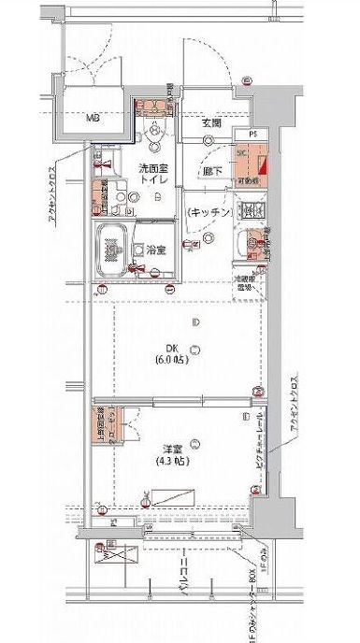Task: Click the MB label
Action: pyautogui.click(x=94, y=119)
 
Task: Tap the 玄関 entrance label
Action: pyautogui.click(x=210, y=122)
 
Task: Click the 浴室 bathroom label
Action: pyautogui.click(x=154, y=250)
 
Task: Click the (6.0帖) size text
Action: pyautogui.click(x=171, y=358)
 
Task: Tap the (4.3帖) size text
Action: pyautogui.click(x=171, y=462)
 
